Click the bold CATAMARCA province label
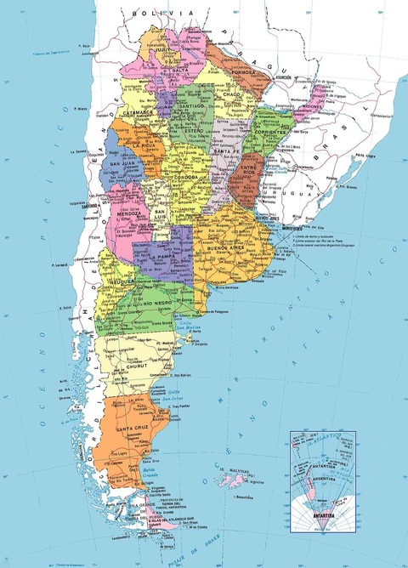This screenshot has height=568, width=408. tap(136, 111)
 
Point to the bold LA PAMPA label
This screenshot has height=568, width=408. tap(161, 256)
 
